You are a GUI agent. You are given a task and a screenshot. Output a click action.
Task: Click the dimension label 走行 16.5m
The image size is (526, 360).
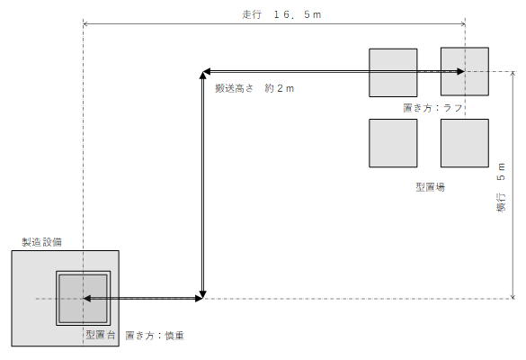tap(281, 14)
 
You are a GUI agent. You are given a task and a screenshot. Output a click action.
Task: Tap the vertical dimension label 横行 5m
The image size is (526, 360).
tap(501, 187)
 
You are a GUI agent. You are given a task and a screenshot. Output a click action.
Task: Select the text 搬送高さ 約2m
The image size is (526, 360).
tap(254, 88)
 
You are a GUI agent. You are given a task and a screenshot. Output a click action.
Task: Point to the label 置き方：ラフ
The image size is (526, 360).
tap(432, 108)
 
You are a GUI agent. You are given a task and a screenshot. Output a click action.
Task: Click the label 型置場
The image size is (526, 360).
tap(431, 187)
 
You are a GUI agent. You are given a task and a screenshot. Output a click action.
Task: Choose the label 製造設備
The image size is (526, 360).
tap(42, 242)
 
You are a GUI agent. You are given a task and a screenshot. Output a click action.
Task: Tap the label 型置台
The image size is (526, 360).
tap(101, 335)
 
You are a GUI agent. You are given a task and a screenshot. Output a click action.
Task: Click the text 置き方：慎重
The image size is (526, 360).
tap(155, 336)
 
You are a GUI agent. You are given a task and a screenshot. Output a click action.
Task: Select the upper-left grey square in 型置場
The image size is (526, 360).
tap(393, 73)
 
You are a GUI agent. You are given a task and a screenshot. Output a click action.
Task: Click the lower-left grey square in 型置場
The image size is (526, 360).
tap(393, 143)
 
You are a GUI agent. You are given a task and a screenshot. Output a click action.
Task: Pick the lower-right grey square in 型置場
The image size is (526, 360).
tap(465, 143)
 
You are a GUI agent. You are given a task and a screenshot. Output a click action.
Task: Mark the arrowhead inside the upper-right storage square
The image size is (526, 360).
tap(461, 71)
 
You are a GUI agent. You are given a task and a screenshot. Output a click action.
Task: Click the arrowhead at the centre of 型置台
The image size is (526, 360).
tap(87, 298)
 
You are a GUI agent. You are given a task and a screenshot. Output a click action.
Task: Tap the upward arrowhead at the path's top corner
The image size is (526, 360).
tap(202, 76)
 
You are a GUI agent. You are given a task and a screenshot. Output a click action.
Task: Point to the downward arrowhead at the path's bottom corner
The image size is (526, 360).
tap(202, 295)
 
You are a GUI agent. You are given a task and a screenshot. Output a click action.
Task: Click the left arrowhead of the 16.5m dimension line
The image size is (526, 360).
tap(85, 23)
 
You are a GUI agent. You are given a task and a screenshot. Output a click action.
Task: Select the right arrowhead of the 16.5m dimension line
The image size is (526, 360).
tap(463, 23)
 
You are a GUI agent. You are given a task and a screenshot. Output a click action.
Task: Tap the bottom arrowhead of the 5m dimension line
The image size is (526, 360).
tap(513, 296)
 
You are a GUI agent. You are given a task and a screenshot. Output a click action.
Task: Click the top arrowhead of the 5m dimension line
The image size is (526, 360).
tap(513, 74)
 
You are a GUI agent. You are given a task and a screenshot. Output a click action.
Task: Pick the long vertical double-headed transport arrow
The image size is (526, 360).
tap(202, 185)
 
